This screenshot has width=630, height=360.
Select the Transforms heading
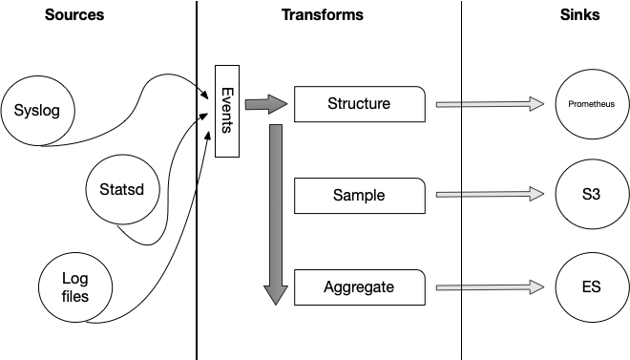coord(322,15)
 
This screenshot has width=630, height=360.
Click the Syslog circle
coord(37,110)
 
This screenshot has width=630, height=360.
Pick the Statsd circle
coord(121,190)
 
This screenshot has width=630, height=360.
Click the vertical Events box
coord(227,110)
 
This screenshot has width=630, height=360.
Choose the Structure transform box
coord(359,104)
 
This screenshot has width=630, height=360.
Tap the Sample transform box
coord(359,195)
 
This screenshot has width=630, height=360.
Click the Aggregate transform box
coord(359,286)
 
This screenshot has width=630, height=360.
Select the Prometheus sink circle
coord(591,104)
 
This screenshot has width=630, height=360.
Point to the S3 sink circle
coord(591,195)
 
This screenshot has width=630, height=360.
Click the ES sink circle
coord(591,286)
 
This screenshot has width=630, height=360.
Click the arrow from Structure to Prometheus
coord(494,104)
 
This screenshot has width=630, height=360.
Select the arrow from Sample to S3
coord(494,195)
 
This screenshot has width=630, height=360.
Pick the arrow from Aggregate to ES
coord(494,286)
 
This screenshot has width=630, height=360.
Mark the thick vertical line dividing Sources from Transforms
coord(197,239)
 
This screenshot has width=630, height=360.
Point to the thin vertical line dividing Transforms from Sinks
coord(462,239)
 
